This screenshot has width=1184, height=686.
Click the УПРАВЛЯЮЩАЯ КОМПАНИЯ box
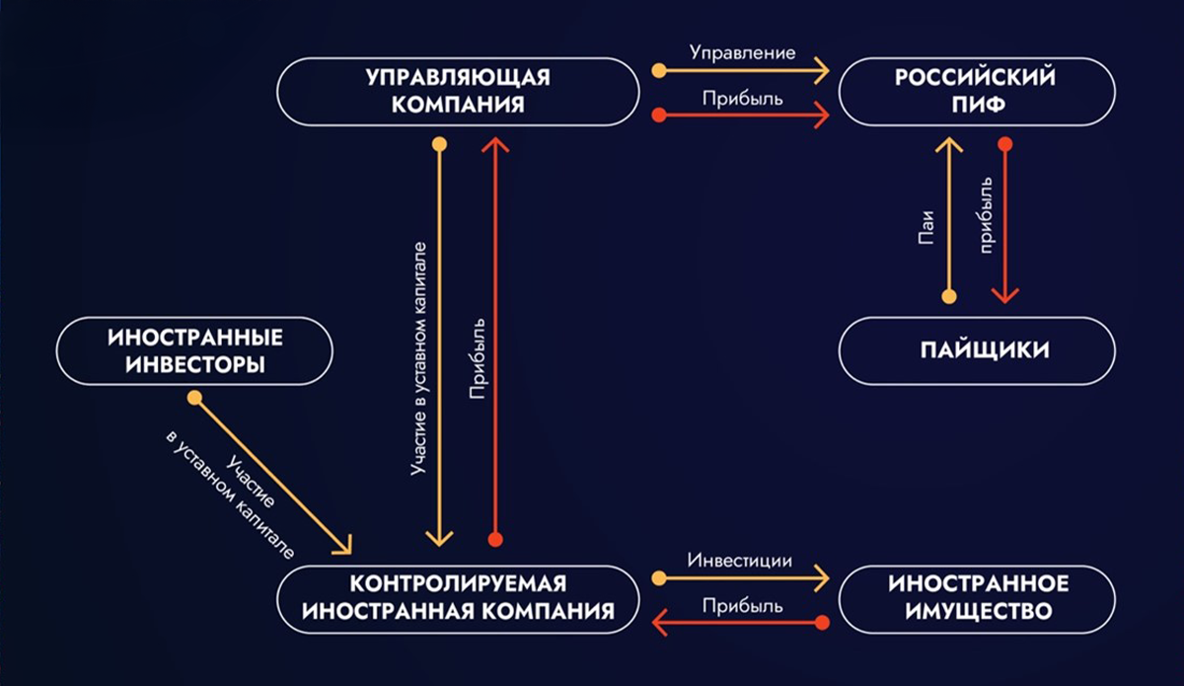[x=458, y=92]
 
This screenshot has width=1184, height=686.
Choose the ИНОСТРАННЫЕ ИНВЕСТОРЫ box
[x=194, y=351]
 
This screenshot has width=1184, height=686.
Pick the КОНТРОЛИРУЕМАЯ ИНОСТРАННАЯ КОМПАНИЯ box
[x=458, y=598]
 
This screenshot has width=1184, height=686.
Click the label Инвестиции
[x=740, y=560]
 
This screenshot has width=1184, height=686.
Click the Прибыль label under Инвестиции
[x=742, y=606]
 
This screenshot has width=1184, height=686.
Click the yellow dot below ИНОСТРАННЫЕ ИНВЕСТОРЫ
[x=195, y=399]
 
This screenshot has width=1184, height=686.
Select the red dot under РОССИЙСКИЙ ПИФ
[x=1004, y=144]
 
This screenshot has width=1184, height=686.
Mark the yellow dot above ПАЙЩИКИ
[x=949, y=296]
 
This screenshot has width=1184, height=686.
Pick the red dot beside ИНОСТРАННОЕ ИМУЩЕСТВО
[x=821, y=622]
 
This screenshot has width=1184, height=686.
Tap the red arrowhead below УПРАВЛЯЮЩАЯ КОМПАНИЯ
[x=495, y=144]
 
